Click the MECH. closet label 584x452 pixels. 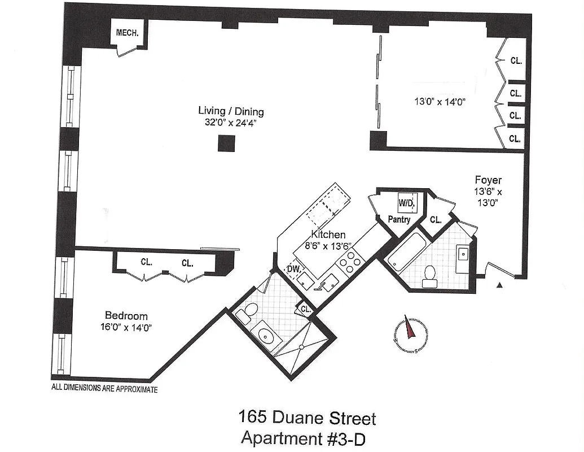click(127, 33)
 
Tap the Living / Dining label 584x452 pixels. click(231, 111)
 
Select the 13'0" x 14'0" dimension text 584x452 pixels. click(440, 102)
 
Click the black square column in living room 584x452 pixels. click(226, 144)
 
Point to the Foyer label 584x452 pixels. click(488, 181)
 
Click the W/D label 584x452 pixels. click(407, 202)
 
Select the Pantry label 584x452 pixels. click(399, 220)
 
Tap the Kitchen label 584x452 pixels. click(328, 234)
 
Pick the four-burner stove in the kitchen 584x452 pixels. click(350, 262)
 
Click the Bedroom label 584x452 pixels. click(126, 316)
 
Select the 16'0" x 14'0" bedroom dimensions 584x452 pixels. click(128, 327)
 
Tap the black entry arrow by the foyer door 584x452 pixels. click(499, 286)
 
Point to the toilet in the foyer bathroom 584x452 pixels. click(430, 273)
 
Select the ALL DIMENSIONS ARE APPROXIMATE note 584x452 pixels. click(104, 389)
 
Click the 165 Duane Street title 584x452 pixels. click(307, 419)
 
